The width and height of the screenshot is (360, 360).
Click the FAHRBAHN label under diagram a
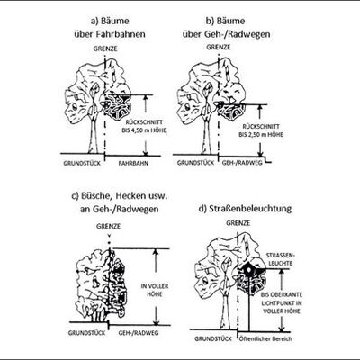(x=133, y=164)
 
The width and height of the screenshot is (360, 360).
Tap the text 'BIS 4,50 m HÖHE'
(x=144, y=130)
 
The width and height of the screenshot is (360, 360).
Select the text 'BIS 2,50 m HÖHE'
(x=261, y=135)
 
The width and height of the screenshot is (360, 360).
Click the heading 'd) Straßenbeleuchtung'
(x=245, y=208)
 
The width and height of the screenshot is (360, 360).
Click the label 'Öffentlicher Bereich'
(x=265, y=339)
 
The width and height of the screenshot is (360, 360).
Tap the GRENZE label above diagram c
(x=108, y=226)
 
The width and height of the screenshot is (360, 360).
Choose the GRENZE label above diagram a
(x=105, y=49)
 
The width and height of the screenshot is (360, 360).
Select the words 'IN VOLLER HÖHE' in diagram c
(x=155, y=290)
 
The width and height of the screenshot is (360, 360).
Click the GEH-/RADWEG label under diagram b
(x=242, y=163)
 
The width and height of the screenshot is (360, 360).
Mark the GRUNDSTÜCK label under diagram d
(x=213, y=338)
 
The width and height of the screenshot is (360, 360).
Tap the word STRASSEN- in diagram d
(x=281, y=256)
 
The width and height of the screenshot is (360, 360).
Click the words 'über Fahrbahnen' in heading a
(x=110, y=34)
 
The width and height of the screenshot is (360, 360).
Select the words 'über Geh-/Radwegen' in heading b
(x=227, y=34)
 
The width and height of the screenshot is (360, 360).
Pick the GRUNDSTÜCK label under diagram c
(x=86, y=333)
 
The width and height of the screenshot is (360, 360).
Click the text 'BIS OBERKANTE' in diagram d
(x=282, y=294)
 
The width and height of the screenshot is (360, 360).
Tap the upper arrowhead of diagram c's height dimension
(x=156, y=251)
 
